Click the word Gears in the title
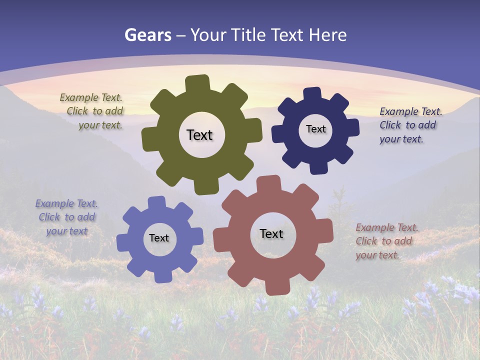tap(148, 35)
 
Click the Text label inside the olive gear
tap(199, 135)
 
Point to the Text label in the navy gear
tap(315, 129)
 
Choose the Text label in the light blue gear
tap(159, 238)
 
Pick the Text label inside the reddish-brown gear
tap(271, 233)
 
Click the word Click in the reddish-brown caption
tap(366, 241)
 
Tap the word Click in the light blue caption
tap(49, 217)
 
